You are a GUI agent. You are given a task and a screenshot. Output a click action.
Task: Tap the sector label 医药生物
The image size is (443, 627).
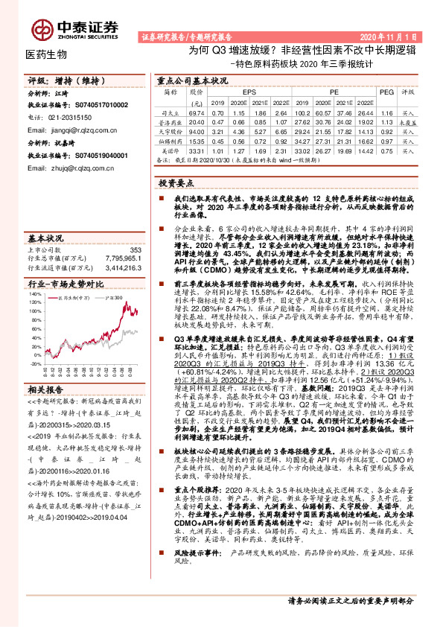[x=46, y=54]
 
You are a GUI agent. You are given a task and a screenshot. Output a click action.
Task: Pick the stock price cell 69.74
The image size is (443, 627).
[x=197, y=111]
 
